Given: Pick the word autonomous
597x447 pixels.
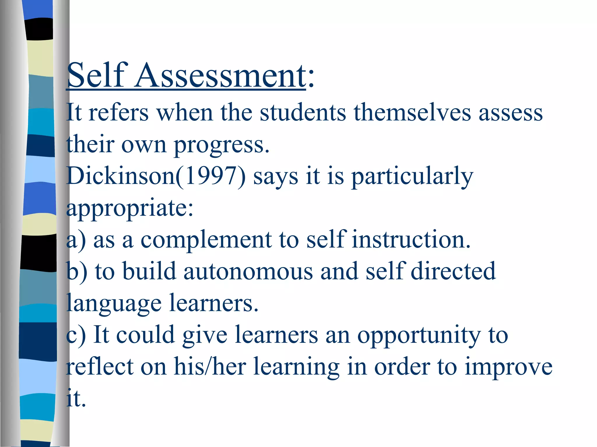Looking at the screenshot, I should (248, 271).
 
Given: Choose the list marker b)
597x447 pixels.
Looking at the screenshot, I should (77, 272).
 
